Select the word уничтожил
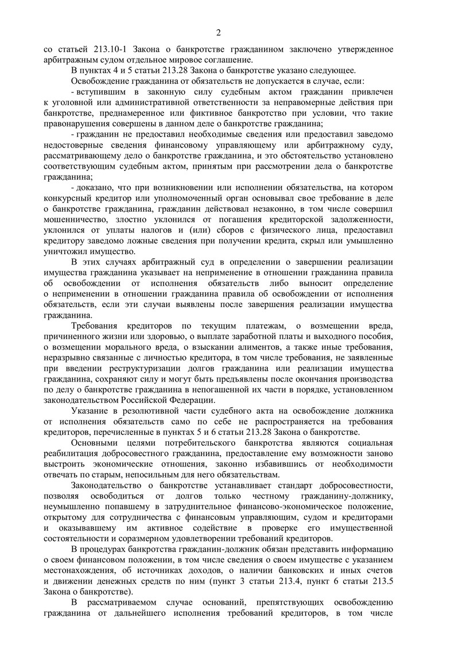click(68, 248)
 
